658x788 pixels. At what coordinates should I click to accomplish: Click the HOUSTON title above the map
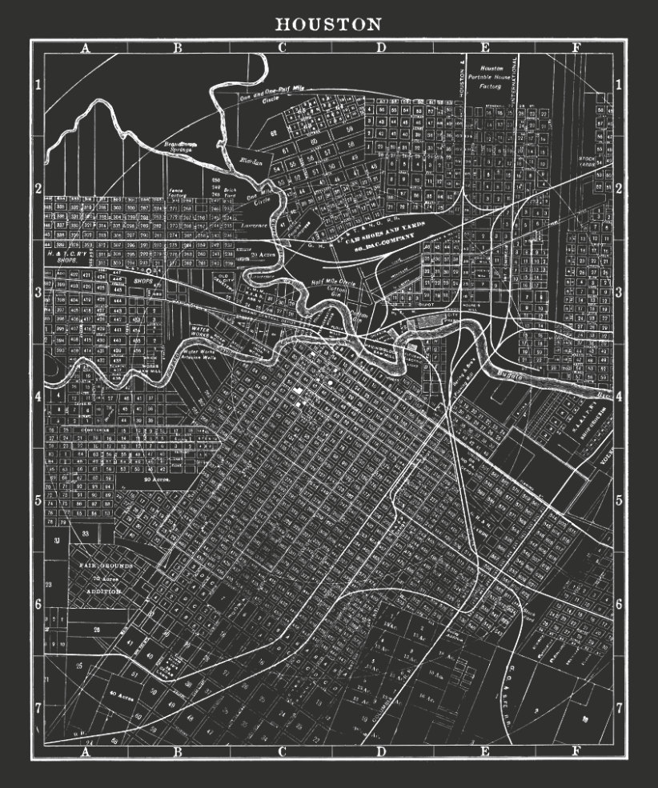point(328,24)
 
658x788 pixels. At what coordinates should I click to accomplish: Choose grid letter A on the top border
point(86,47)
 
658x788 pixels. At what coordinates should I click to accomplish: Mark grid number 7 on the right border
point(619,707)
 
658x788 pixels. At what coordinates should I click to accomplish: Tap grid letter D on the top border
point(381,47)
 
